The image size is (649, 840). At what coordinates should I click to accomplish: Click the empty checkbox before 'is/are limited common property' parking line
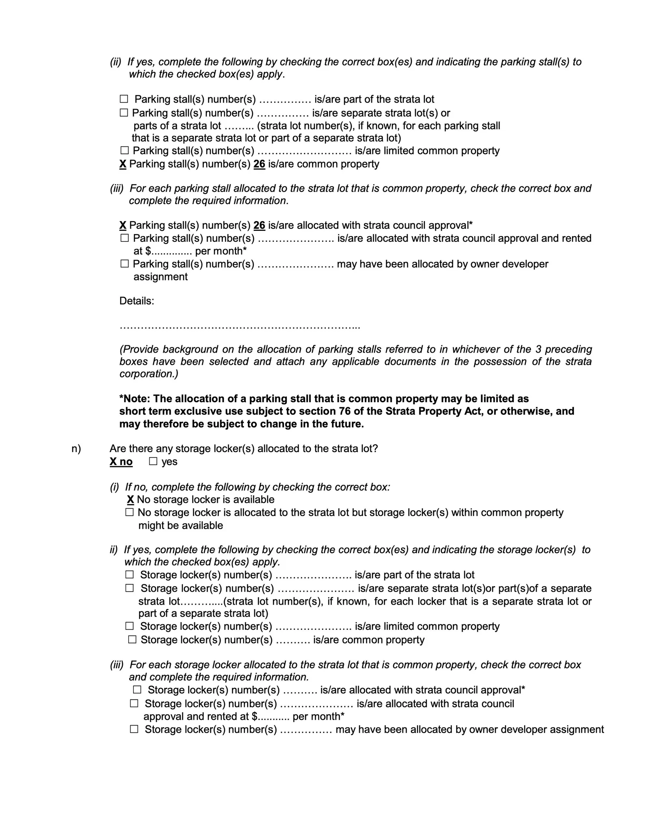coord(125,151)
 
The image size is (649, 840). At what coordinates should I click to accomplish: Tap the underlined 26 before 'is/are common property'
coord(259,164)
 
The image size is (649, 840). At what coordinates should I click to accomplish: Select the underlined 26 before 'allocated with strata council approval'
coord(259,226)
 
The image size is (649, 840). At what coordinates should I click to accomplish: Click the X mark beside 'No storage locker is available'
coord(130,500)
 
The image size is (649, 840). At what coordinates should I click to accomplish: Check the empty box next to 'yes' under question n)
coord(153,461)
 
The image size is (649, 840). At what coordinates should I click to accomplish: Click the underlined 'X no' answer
coord(121,462)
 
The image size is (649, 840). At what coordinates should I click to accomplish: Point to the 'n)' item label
coord(76,449)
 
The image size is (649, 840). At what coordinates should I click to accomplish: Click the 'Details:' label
coord(137,301)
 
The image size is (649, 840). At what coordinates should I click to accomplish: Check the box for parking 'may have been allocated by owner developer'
coord(125,264)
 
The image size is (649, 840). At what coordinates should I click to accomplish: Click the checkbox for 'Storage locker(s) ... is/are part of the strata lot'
coord(129,575)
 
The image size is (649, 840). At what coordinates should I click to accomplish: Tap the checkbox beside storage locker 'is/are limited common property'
coord(129,626)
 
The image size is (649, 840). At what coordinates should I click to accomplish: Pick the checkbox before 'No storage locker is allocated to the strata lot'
coord(129,513)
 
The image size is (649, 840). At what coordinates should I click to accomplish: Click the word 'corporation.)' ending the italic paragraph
coord(148,374)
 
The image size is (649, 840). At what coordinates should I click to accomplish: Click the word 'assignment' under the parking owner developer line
coord(160,277)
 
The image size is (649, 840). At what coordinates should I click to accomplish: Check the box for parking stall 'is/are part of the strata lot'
coord(124,99)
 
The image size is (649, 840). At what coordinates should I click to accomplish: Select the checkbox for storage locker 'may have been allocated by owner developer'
coord(134,729)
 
